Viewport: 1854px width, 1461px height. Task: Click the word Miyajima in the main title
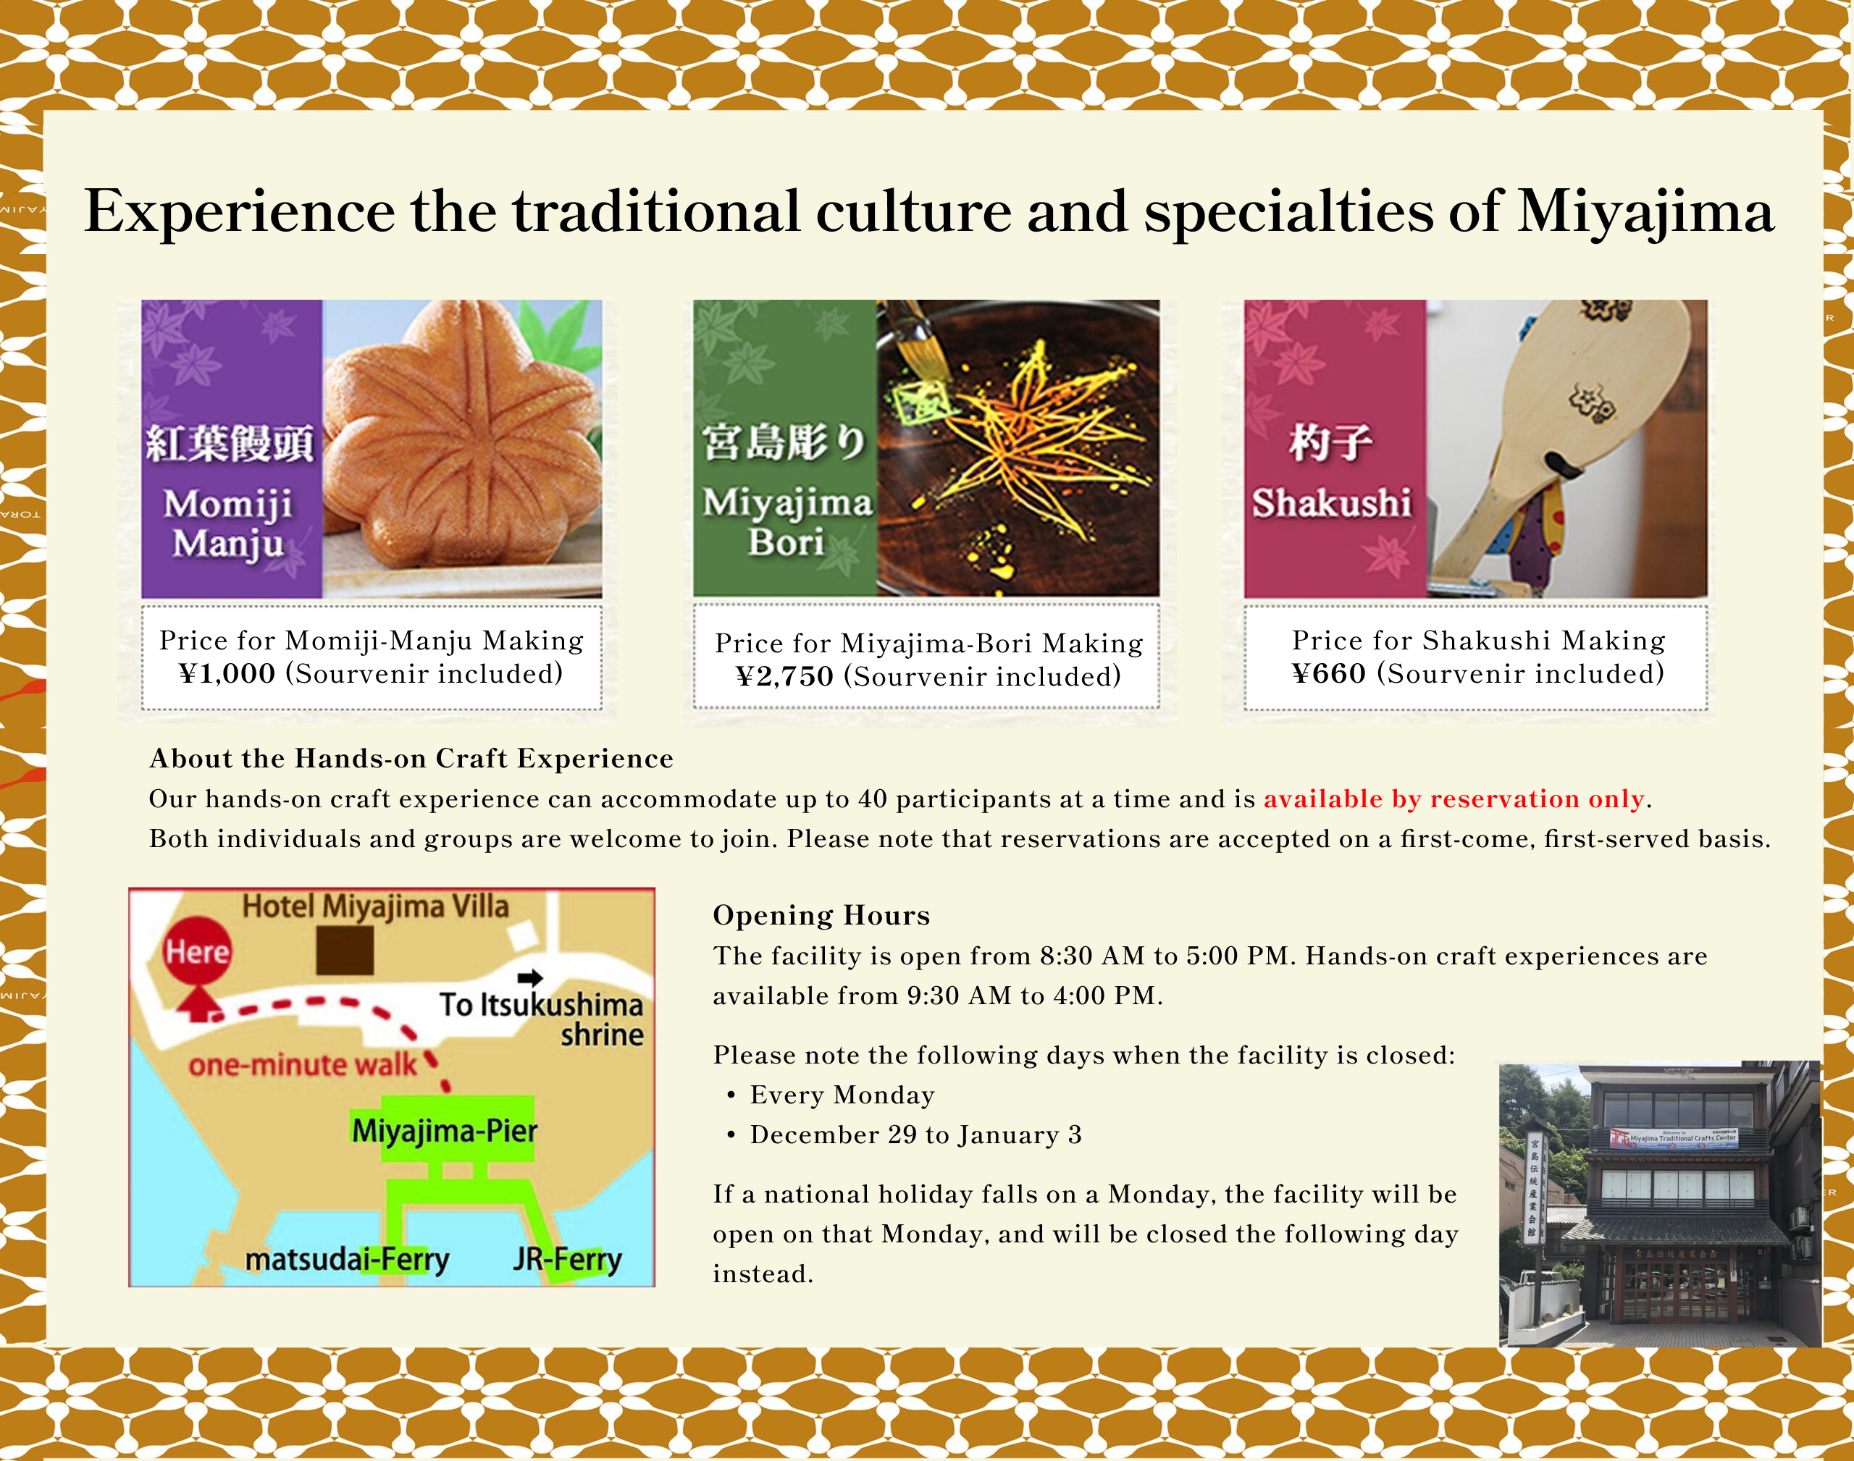click(1645, 212)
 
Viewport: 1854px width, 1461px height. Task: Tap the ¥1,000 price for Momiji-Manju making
click(227, 674)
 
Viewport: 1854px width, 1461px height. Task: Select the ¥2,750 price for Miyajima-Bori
click(784, 678)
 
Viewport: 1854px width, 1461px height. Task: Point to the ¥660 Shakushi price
click(1329, 674)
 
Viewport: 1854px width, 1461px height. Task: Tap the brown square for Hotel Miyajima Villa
click(344, 951)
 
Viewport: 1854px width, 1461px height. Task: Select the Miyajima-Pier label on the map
click(444, 1131)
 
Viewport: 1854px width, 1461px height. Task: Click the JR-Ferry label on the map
click(567, 1259)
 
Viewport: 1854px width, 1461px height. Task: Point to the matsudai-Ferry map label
click(346, 1259)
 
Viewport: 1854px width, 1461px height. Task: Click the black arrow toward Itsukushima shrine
click(530, 977)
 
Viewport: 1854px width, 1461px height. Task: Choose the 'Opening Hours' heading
click(821, 915)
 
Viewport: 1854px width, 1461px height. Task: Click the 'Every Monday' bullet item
click(842, 1095)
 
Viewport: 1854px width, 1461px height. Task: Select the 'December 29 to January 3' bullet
click(915, 1135)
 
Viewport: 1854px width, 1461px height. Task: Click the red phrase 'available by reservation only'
click(1454, 799)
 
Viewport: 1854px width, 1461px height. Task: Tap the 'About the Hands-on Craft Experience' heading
click(411, 759)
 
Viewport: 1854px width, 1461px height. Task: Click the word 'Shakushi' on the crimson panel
click(1331, 503)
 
